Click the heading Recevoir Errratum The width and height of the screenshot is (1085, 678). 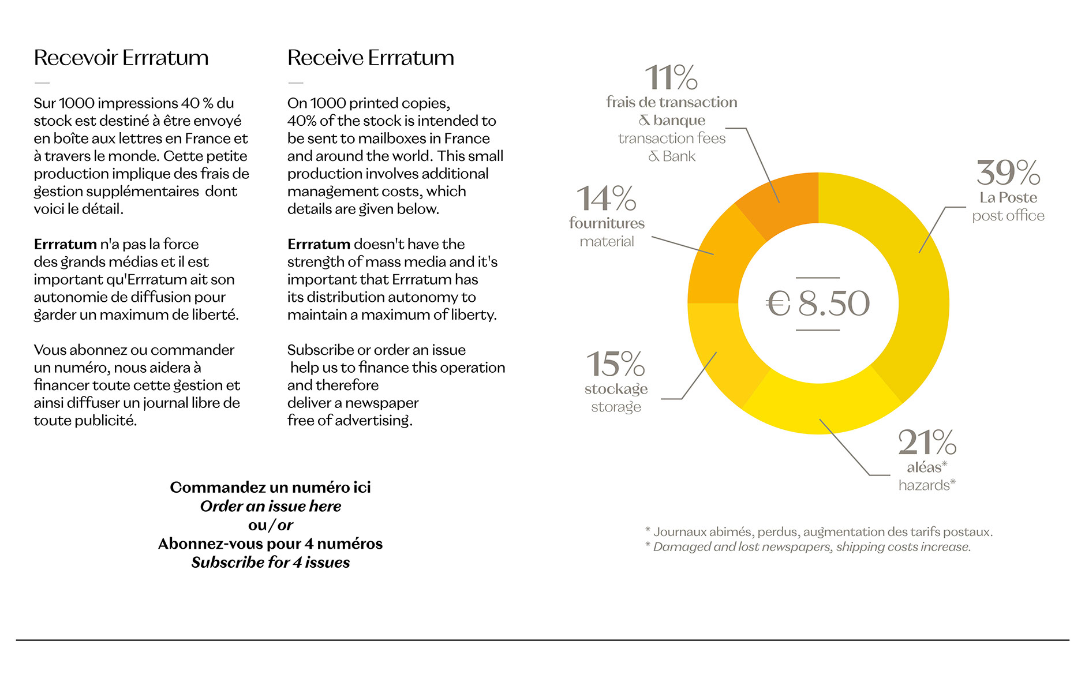121,58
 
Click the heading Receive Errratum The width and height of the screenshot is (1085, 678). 371,58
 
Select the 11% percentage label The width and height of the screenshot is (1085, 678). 671,77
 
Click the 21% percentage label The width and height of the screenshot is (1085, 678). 927,443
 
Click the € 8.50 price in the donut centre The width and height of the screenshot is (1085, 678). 818,304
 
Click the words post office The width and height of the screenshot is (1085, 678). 1008,216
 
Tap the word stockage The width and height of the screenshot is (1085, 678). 616,389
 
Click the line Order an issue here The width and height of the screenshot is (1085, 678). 271,506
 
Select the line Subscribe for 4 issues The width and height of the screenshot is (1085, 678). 271,563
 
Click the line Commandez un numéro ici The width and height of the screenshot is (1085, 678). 271,487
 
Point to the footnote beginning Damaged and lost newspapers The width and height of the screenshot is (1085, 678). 811,547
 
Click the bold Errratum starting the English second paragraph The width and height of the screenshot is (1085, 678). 319,244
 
